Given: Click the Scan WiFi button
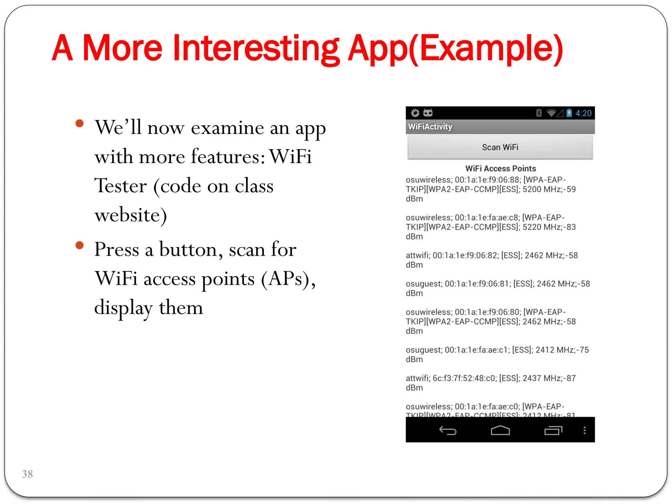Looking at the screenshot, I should coord(500,147).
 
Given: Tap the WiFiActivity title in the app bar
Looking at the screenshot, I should coord(430,127).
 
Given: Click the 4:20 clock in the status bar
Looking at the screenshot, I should coord(583,113).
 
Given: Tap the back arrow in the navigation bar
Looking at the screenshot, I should coord(448,430).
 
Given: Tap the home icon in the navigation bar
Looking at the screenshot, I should coord(500,430).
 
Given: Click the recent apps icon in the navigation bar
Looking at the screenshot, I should coord(553,430).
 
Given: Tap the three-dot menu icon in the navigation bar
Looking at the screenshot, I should coord(584,430).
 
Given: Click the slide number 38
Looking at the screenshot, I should coord(28,474).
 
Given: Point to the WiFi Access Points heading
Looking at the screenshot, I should coord(500,169).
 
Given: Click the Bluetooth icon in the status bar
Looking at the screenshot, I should coord(538,113).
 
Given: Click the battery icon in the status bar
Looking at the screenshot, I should coord(569,113).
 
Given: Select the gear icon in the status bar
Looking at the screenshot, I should coord(415,113).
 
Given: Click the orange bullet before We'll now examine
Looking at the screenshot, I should coord(79,123).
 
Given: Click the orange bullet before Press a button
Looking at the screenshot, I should coord(79,245).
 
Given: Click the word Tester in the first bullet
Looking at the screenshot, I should coord(120,186).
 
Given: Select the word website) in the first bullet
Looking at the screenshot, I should coord(131,215).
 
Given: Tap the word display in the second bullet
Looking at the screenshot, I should coord(123,308).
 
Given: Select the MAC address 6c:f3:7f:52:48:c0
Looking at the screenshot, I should coord(464,378).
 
